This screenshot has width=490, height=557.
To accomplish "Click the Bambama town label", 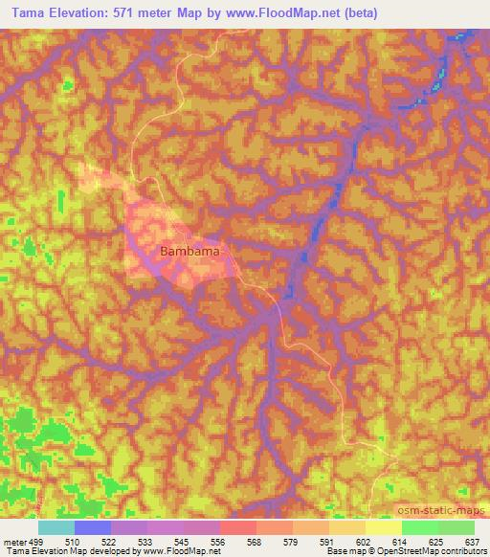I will (189, 252).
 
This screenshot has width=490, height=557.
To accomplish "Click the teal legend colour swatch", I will (56, 526).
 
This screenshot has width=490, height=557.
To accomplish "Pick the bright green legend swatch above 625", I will (420, 526).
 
